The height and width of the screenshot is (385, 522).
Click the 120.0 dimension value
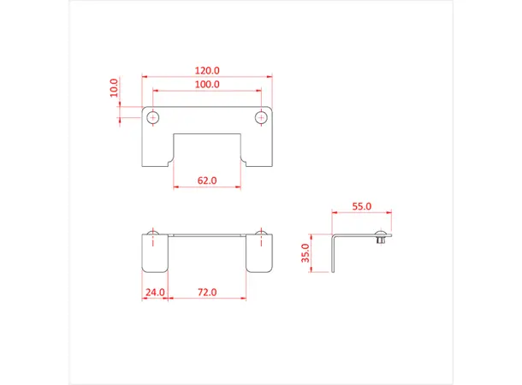pyautogui.click(x=206, y=70)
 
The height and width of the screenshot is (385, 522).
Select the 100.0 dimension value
pyautogui.click(x=206, y=85)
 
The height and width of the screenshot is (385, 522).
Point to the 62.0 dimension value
pyautogui.click(x=206, y=181)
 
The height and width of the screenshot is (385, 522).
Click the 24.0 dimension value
pyautogui.click(x=154, y=292)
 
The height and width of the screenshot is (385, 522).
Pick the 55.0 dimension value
pyautogui.click(x=362, y=206)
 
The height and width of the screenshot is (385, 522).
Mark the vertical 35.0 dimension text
pyautogui.click(x=317, y=254)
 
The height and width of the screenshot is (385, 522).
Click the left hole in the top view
pyautogui.click(x=153, y=116)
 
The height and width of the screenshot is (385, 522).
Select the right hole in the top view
pyautogui.click(x=260, y=116)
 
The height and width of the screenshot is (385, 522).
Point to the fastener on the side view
pyautogui.click(x=380, y=240)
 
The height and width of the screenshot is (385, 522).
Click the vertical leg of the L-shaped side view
pyautogui.click(x=334, y=255)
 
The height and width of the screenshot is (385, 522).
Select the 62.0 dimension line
pyautogui.click(x=206, y=187)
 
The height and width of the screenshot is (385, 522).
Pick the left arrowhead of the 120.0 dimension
pyautogui.click(x=142, y=77)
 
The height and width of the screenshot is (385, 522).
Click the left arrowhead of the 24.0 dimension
pyautogui.click(x=143, y=299)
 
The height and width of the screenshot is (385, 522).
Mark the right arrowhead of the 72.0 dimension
pyautogui.click(x=246, y=299)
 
